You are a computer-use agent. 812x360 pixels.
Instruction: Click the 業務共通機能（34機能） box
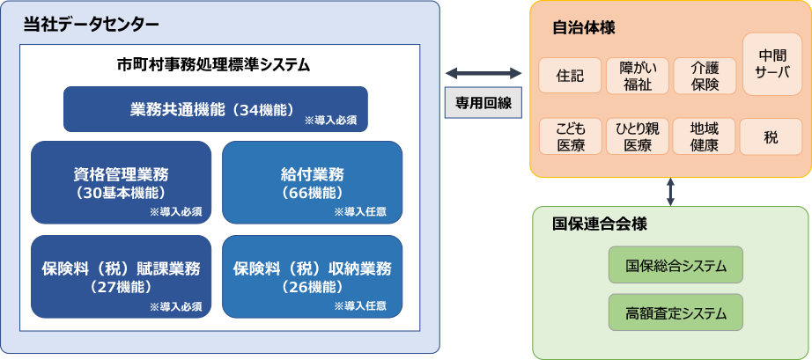pyautogui.click(x=215, y=109)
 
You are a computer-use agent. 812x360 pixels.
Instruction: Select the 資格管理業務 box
pyautogui.click(x=121, y=182)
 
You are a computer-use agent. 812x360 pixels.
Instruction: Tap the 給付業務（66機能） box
pyautogui.click(x=312, y=182)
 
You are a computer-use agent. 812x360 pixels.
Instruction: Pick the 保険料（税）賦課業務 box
pyautogui.click(x=121, y=276)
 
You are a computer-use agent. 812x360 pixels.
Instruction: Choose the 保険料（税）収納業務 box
pyautogui.click(x=312, y=276)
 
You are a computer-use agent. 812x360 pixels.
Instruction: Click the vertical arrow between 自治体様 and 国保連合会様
pyautogui.click(x=671, y=191)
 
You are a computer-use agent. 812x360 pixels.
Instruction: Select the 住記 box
pyautogui.click(x=570, y=77)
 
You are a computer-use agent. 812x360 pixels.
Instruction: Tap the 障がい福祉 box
pyautogui.click(x=637, y=77)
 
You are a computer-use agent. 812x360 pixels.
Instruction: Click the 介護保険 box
pyautogui.click(x=705, y=77)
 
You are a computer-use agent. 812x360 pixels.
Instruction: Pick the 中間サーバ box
pyautogui.click(x=772, y=64)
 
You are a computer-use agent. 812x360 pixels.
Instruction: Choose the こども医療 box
pyautogui.click(x=570, y=136)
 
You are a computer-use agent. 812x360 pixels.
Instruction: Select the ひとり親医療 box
pyautogui.click(x=637, y=136)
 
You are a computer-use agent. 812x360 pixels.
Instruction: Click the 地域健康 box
pyautogui.click(x=705, y=136)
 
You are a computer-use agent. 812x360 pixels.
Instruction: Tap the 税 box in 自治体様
pyautogui.click(x=771, y=136)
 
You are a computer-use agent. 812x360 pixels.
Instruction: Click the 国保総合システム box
pyautogui.click(x=675, y=265)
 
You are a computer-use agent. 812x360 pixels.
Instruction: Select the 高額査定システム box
pyautogui.click(x=675, y=312)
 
